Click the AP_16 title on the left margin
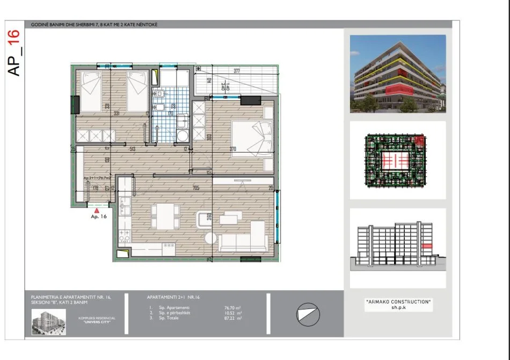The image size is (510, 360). coord(14,52)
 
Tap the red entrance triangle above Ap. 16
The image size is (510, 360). coord(97,211)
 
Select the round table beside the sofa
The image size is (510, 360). coord(209,239)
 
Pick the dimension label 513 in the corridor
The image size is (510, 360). coord(132,149)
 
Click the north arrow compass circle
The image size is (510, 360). coord(307,313)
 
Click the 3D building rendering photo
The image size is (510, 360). coord(398,74)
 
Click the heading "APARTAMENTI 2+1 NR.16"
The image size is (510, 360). coord(173,297)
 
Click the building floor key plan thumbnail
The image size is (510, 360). coord(398,160)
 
